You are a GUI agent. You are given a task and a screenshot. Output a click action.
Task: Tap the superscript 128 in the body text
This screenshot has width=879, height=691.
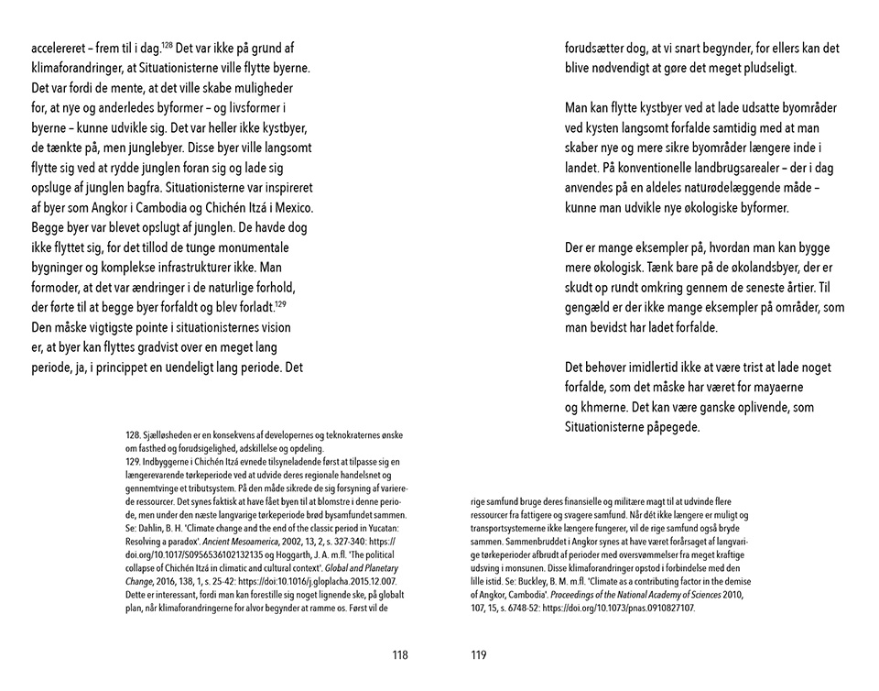coord(168,44)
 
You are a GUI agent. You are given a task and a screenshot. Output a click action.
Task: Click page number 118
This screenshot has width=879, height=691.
coord(398,654)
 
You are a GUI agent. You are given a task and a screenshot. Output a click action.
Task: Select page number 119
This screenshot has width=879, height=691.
coord(478,654)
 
